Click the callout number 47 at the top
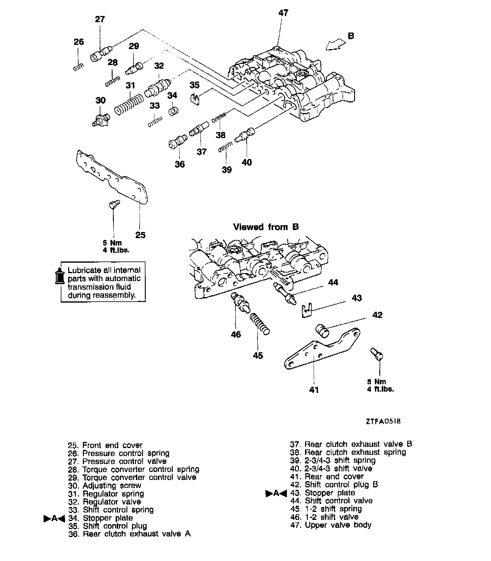point(283,13)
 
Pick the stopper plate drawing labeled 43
point(306,311)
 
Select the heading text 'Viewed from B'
point(266,227)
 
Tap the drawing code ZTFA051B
point(383,421)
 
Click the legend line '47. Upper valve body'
point(331,525)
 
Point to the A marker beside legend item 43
point(276,493)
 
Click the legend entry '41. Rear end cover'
point(327,477)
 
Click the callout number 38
point(220,135)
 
